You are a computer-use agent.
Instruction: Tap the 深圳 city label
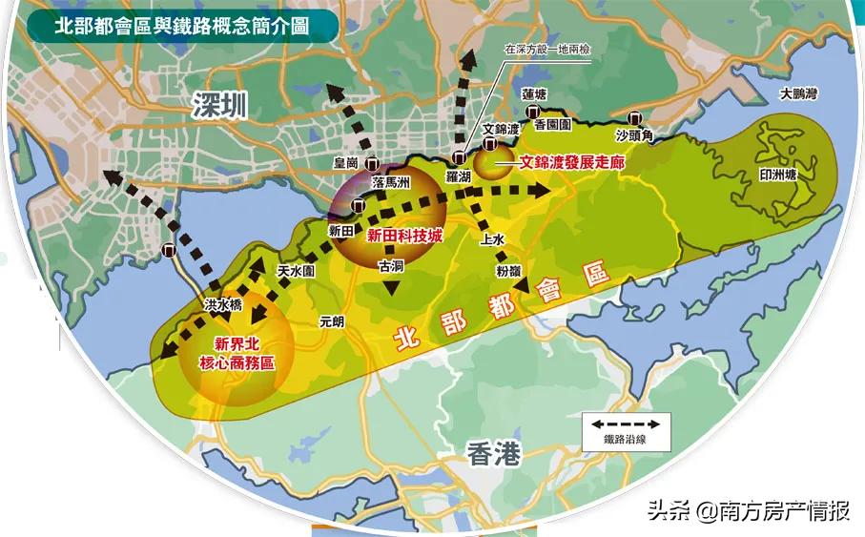[x=218, y=106]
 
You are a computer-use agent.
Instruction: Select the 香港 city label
[x=495, y=455]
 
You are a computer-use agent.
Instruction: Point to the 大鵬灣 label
[x=799, y=94]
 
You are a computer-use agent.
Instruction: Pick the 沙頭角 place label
[x=633, y=136]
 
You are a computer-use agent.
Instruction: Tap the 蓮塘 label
[x=534, y=94]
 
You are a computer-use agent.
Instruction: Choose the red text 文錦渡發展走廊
[x=571, y=163]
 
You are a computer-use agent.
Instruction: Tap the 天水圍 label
[x=296, y=272]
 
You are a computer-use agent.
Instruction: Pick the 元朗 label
[x=332, y=321]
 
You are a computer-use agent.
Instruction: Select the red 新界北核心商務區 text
[x=235, y=353]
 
